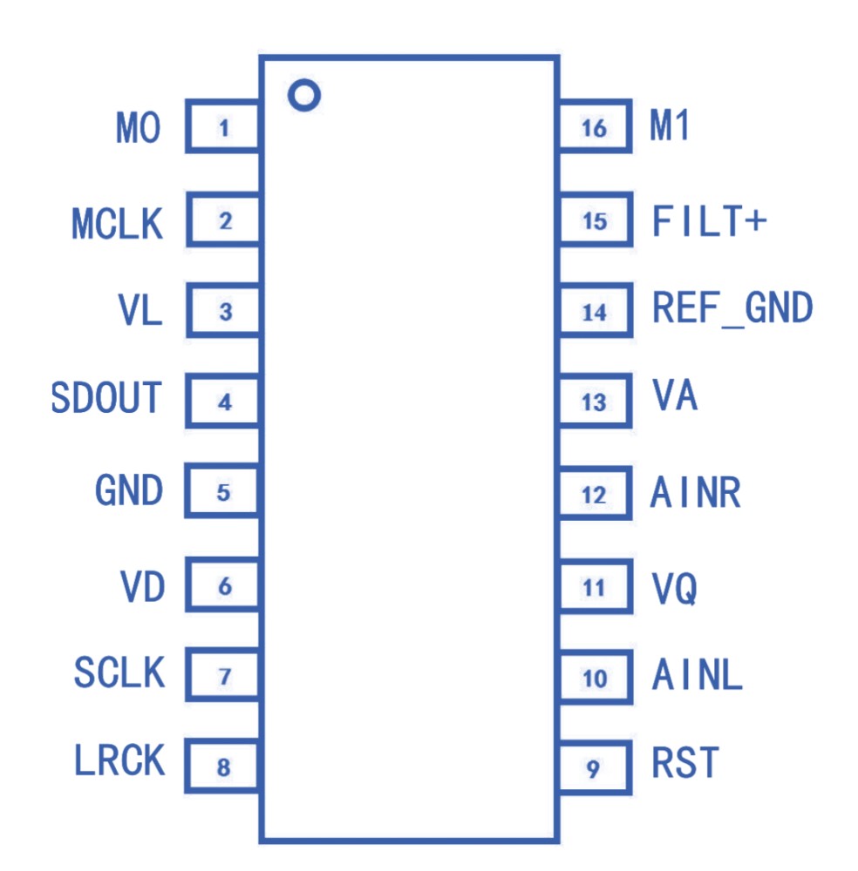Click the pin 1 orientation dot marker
303,95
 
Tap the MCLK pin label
117,224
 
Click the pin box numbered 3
223,312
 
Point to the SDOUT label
107,398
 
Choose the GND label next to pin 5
129,490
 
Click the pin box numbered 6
223,586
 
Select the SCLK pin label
119,673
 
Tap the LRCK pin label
119,761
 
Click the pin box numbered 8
223,767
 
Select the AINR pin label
696,494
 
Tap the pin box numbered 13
595,402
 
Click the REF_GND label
732,308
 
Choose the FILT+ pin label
709,221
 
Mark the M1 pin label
671,128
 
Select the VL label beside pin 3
140,311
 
